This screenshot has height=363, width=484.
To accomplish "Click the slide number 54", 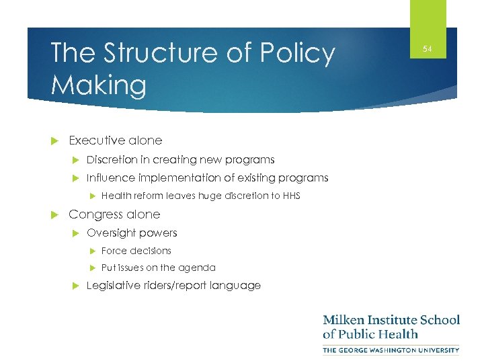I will coord(428,48).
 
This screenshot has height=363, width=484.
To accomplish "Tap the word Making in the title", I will coord(98,85).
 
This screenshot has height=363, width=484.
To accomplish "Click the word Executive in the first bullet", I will coord(96,140).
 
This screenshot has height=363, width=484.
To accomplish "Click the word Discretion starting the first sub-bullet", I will coord(112,160).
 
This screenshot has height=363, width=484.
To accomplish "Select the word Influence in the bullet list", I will coord(111,178).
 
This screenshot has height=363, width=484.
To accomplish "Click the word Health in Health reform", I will coord(116,196).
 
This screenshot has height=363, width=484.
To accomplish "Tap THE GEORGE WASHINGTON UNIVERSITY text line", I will coord(391,350).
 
